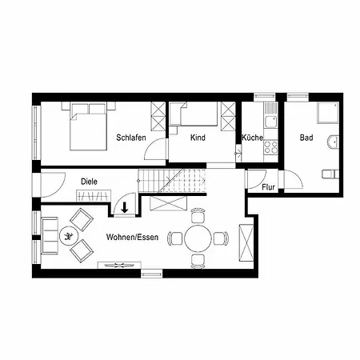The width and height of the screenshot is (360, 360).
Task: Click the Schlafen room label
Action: pyautogui.click(x=130, y=138)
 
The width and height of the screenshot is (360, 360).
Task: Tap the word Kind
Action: pyautogui.click(x=198, y=138)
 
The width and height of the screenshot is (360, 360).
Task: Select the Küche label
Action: pyautogui.click(x=252, y=138)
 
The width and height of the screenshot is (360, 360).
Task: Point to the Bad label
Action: pyautogui.click(x=306, y=138)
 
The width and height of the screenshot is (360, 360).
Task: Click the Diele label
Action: pyautogui.click(x=89, y=181)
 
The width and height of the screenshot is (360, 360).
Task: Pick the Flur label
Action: pyautogui.click(x=269, y=187)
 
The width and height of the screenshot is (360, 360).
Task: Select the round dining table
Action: pyautogui.click(x=198, y=238)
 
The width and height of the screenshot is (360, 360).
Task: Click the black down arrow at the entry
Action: pyautogui.click(x=125, y=210)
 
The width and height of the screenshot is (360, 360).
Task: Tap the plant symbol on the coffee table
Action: pyautogui.click(x=70, y=235)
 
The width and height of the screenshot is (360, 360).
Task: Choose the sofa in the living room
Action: pyautogui.click(x=46, y=235)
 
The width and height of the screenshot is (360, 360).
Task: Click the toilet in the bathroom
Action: pyautogui.click(x=328, y=174)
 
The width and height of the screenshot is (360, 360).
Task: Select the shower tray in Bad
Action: pyautogui.click(x=326, y=116)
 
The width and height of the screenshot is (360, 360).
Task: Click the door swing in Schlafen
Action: pyautogui.click(x=159, y=149)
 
